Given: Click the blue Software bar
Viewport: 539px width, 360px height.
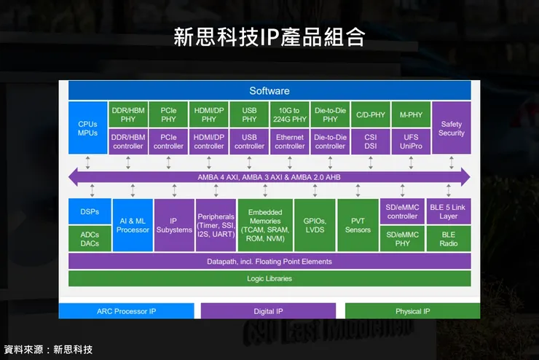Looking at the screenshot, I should pyautogui.click(x=269, y=90).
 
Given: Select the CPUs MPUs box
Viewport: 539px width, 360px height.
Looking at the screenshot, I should pyautogui.click(x=87, y=128).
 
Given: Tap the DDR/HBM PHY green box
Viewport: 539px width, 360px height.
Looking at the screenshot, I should pyautogui.click(x=128, y=114).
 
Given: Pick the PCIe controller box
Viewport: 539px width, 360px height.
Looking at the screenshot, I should pyautogui.click(x=168, y=141).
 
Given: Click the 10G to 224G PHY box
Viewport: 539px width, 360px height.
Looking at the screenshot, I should pyautogui.click(x=289, y=114).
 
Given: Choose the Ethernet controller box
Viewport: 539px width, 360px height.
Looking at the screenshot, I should pyautogui.click(x=289, y=141).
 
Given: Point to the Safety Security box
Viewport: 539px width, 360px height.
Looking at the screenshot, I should pyautogui.click(x=451, y=128).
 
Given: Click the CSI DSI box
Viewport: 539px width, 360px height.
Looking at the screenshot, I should pyautogui.click(x=371, y=141).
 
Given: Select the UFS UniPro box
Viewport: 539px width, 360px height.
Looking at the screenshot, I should pyautogui.click(x=411, y=141).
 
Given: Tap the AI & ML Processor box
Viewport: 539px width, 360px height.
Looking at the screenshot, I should pyautogui.click(x=133, y=225).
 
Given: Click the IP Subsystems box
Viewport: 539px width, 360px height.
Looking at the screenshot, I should pyautogui.click(x=173, y=225).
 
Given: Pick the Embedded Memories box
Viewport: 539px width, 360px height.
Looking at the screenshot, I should pyautogui.click(x=264, y=225).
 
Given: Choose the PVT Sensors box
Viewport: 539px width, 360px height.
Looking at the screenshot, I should pyautogui.click(x=357, y=225).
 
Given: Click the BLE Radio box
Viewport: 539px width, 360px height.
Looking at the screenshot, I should pyautogui.click(x=449, y=239).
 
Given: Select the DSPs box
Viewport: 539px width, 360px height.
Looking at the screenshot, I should pyautogui.click(x=89, y=211).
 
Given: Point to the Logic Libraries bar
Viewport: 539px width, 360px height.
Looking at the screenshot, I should pyautogui.click(x=269, y=278).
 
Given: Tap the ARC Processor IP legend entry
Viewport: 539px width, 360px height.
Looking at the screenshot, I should pyautogui.click(x=126, y=311).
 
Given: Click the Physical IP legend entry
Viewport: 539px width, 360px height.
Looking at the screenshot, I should pyautogui.click(x=412, y=311).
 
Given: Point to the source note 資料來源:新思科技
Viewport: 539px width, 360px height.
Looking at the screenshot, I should pyautogui.click(x=48, y=350).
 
